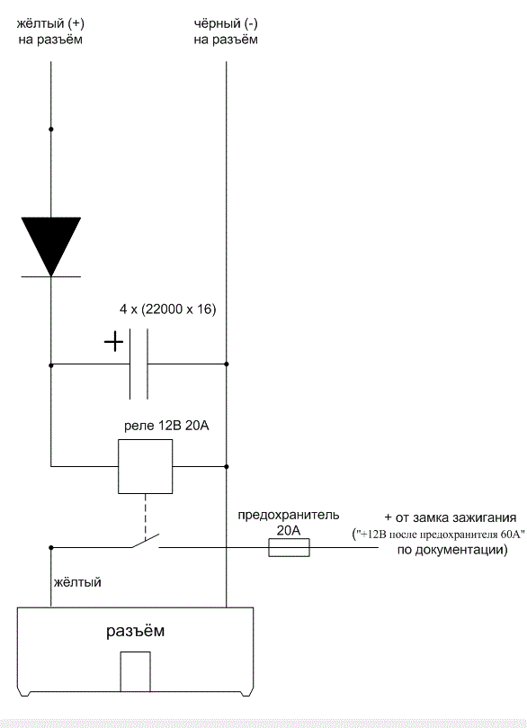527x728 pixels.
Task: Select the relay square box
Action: [x=145, y=466]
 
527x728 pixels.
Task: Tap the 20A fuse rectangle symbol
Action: [x=289, y=547]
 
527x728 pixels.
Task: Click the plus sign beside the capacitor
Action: [x=113, y=343]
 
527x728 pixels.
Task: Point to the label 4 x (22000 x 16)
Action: [x=168, y=310]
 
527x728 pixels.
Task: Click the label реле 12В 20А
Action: [x=166, y=426]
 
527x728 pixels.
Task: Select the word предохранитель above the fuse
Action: [x=289, y=516]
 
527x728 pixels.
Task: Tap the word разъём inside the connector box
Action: [x=136, y=631]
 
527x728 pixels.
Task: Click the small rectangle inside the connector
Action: [x=136, y=671]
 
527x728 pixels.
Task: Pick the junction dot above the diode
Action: [x=51, y=129]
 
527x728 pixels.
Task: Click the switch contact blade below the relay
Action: [x=146, y=541]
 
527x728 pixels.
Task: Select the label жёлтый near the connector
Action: [x=77, y=581]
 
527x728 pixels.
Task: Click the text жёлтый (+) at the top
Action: [x=50, y=23]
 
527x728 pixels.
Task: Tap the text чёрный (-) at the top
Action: [x=226, y=23]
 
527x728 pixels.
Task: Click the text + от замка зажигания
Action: [x=451, y=517]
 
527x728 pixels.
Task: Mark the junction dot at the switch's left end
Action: [x=51, y=548]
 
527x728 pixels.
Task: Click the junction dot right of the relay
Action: [x=227, y=466]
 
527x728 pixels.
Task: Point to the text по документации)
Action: [x=452, y=550]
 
